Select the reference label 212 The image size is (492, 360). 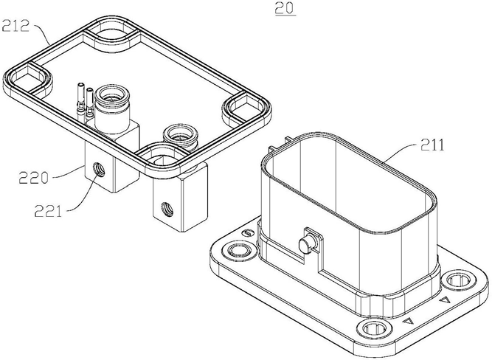(15, 26)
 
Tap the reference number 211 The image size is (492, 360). (432, 145)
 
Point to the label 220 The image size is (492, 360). (34, 178)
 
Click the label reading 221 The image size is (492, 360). (48, 210)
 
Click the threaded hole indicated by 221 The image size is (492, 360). (100, 170)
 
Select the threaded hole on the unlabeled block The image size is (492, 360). (167, 209)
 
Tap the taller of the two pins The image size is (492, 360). (81, 100)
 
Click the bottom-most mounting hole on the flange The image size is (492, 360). (374, 329)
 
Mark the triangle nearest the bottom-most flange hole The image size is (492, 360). (408, 321)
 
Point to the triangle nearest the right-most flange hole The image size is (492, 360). (445, 300)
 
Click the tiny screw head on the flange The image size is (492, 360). (248, 232)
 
